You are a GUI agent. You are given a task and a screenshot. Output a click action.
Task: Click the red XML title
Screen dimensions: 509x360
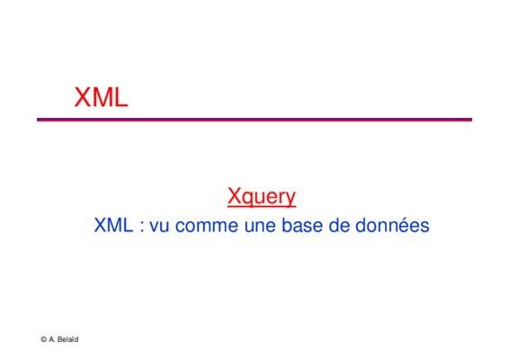pyautogui.click(x=101, y=97)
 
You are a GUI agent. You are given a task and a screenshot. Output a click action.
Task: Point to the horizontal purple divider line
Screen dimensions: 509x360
pyautogui.click(x=254, y=120)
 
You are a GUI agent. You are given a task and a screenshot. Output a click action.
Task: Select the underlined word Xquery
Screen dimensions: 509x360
pyautogui.click(x=262, y=196)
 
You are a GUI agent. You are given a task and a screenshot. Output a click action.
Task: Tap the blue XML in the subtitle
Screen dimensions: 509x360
pyautogui.click(x=113, y=225)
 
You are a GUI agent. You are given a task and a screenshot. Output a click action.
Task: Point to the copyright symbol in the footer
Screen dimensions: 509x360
pyautogui.click(x=43, y=339)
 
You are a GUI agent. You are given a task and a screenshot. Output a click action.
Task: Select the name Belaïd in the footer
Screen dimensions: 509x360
pyautogui.click(x=67, y=339)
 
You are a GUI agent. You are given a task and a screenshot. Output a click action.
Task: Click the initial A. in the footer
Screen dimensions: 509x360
pyautogui.click(x=52, y=339)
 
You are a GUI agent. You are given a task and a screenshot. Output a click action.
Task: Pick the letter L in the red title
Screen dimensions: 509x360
pyautogui.click(x=121, y=97)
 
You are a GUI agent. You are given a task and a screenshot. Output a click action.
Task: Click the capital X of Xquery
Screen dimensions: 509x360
pyautogui.click(x=234, y=195)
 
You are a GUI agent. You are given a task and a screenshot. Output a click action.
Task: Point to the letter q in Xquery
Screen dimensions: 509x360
pyautogui.click(x=247, y=198)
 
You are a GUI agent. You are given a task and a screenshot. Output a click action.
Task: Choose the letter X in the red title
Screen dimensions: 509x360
pyautogui.click(x=82, y=97)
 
